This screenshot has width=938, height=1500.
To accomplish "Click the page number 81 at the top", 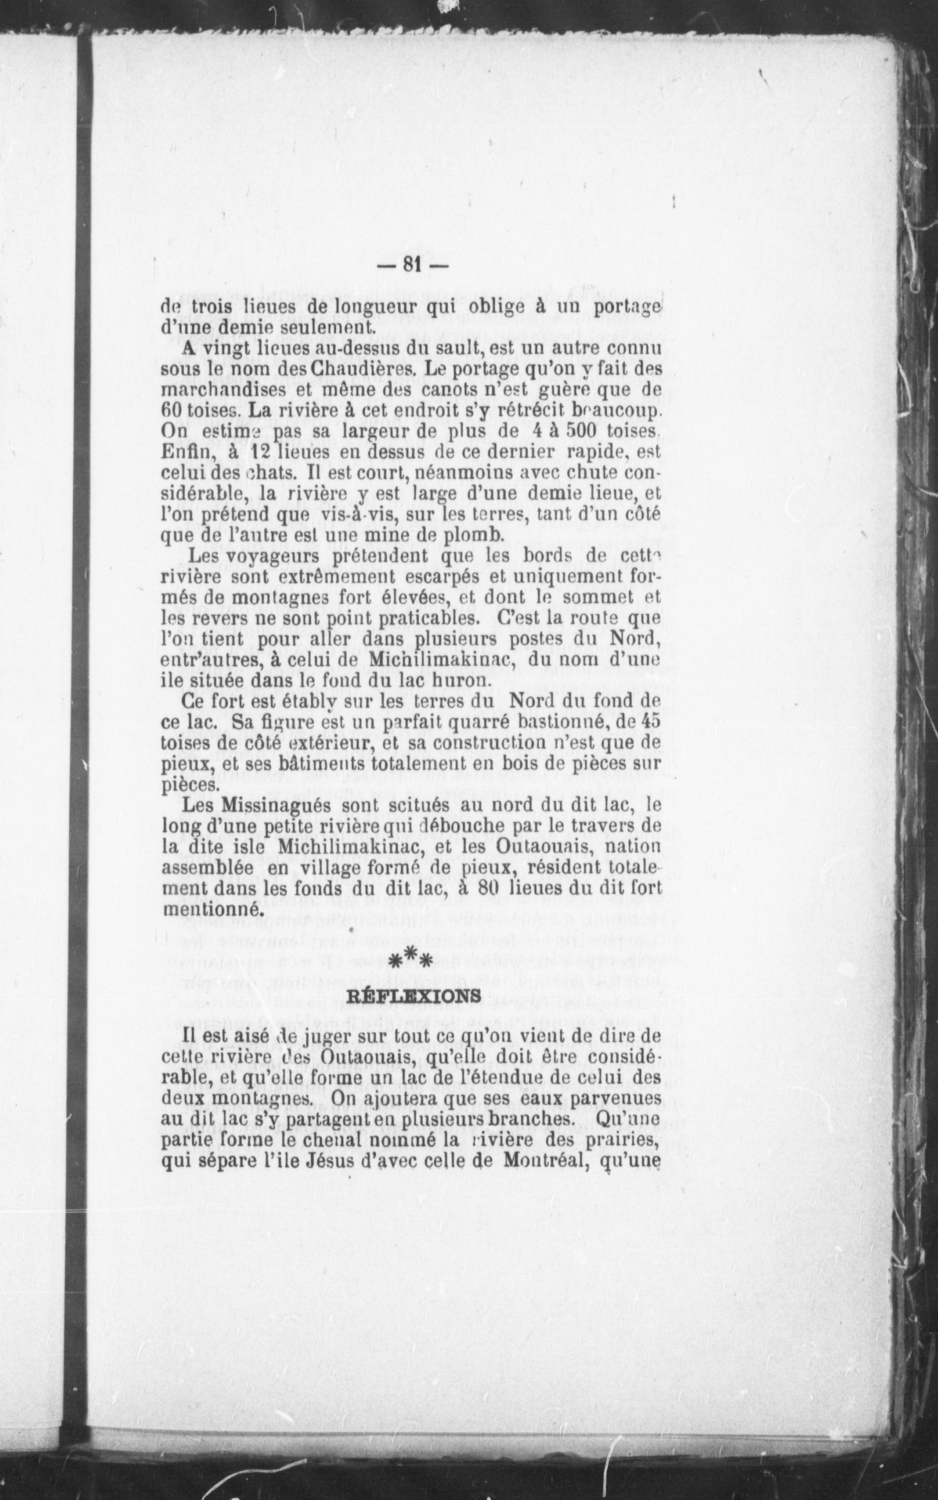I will click(x=412, y=264).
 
